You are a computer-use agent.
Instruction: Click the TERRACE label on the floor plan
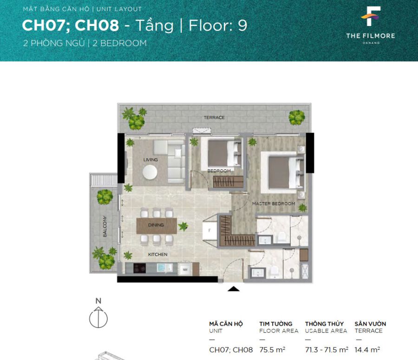(214, 117)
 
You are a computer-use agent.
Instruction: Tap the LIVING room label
(150, 160)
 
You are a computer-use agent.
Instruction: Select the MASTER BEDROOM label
(274, 204)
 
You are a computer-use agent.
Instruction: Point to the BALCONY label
(105, 226)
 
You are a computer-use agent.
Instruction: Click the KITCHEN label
(158, 255)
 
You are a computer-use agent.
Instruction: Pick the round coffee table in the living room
(150, 172)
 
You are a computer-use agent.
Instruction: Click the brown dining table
(157, 226)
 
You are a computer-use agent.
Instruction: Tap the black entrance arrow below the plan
(234, 289)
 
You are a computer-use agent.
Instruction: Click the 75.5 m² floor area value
(272, 350)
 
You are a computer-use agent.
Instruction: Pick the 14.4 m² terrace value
(367, 350)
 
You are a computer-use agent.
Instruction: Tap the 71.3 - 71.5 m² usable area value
(327, 350)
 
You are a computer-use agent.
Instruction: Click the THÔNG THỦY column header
(325, 324)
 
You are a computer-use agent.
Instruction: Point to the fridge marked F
(209, 231)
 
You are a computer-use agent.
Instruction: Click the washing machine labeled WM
(185, 270)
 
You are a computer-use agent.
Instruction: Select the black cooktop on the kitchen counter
(139, 269)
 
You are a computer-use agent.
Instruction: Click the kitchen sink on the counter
(163, 268)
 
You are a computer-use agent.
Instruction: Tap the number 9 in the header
(242, 26)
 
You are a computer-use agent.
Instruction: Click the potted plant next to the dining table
(183, 226)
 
